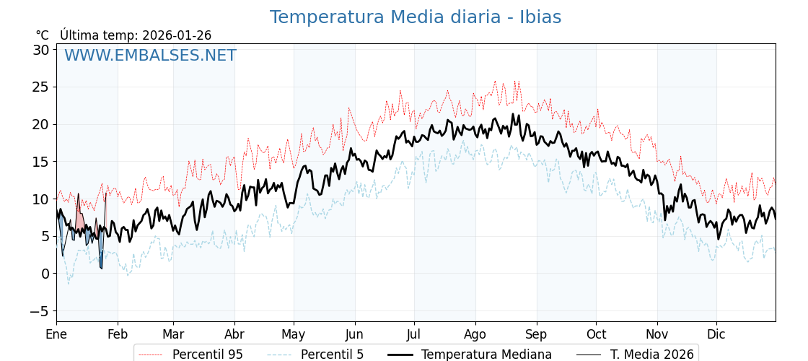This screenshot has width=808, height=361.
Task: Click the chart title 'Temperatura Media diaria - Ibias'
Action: (415, 17)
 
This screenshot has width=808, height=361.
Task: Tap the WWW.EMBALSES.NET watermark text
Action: (150, 56)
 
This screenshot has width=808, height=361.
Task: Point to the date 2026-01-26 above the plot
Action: (177, 35)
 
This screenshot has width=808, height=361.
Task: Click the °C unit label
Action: (43, 35)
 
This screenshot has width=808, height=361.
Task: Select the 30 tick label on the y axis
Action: (40, 50)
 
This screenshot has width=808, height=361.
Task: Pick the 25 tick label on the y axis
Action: (40, 87)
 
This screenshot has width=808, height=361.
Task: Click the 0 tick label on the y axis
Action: (45, 274)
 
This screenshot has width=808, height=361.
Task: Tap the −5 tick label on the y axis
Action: (40, 311)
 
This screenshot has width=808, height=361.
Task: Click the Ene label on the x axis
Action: (56, 334)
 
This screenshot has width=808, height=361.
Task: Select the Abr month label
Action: (234, 334)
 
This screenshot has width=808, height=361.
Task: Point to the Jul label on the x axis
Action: (414, 334)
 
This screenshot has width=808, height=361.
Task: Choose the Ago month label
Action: (475, 334)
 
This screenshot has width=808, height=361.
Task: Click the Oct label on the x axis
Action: (596, 334)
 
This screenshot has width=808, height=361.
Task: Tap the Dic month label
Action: (716, 334)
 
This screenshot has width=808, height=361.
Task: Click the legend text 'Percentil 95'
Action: (207, 355)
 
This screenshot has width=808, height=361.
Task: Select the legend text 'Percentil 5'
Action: (332, 355)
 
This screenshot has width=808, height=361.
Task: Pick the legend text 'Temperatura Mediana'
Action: (486, 355)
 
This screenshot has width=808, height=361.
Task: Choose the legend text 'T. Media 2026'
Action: (651, 355)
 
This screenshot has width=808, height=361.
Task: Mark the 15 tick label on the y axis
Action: (40, 162)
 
